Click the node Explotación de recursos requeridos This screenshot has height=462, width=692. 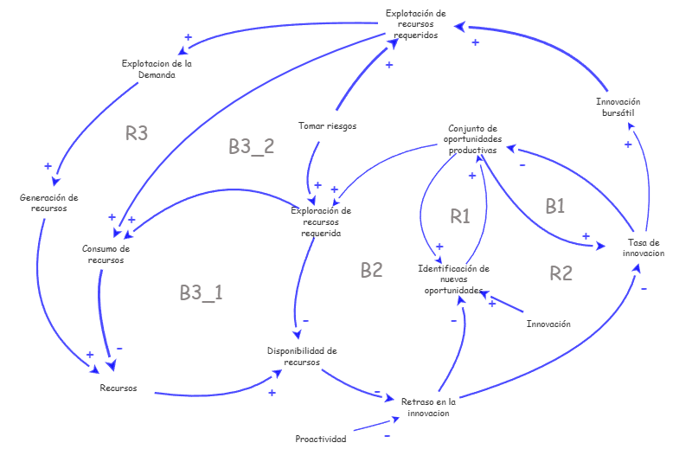pos(415,24)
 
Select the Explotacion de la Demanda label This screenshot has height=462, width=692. pos(157,69)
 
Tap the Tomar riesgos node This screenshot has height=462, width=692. pos(327,126)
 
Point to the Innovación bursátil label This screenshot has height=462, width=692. pos(618,107)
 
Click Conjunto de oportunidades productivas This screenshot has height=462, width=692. pos(472,139)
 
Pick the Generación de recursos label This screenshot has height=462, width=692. pos(48,202)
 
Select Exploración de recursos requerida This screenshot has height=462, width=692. pos(321,221)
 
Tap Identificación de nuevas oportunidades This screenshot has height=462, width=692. pos(453,279)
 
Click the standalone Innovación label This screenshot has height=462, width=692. pos(548,324)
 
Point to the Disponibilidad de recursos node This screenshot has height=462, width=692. pos(302,356)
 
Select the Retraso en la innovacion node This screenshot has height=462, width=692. pos(427,407)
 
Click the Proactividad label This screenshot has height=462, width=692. pos(321,439)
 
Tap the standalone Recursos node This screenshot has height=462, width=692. pos(118,388)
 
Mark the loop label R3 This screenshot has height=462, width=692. pos(137,133)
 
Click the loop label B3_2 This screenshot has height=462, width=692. pos(252,146)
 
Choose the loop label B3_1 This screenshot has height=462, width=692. pos(202,292)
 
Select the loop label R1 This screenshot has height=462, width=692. pos(460,216)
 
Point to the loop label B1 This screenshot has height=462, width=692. pos(554,206)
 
